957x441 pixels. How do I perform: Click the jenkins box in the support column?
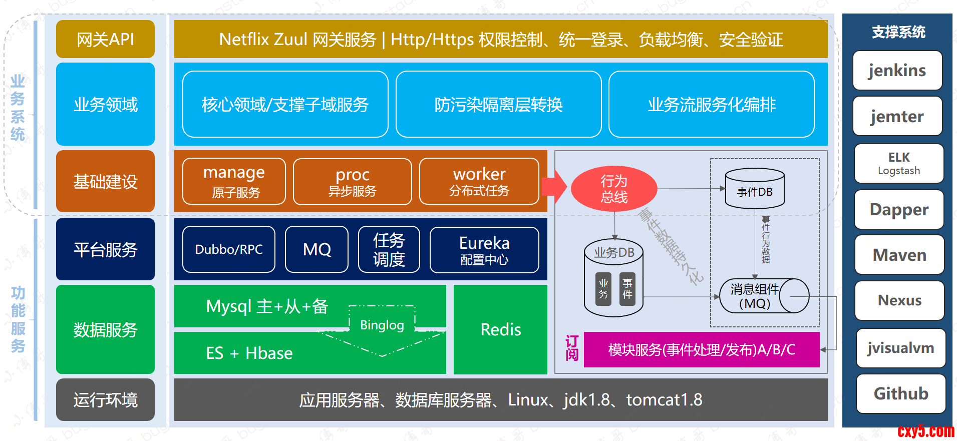click(897, 71)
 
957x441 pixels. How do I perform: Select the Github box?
click(900, 393)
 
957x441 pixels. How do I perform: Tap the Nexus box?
click(899, 300)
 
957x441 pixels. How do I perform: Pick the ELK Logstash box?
click(898, 164)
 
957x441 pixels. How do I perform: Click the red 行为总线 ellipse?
click(613, 189)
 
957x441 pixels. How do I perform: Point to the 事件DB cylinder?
click(754, 189)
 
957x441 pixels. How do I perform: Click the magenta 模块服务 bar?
click(701, 349)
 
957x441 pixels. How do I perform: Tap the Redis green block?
click(500, 329)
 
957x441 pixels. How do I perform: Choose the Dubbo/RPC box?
click(229, 249)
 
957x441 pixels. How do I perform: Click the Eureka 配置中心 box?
click(484, 250)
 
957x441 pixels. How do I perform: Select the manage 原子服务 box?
click(234, 181)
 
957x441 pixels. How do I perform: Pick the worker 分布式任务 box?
click(479, 181)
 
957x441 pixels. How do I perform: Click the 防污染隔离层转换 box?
click(498, 104)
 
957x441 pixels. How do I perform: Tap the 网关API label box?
click(105, 39)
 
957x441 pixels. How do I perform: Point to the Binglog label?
click(382, 325)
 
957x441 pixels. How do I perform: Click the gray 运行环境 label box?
click(105, 399)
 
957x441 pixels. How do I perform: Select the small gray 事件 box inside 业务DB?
click(627, 289)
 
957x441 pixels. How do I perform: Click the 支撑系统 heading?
click(898, 32)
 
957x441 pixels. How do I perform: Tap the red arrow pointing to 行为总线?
click(554, 187)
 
